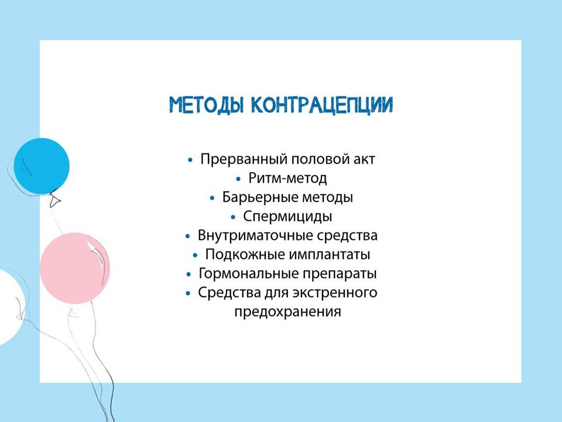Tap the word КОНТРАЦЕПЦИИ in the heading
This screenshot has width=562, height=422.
tap(322, 105)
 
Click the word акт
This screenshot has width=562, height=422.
tap(364, 159)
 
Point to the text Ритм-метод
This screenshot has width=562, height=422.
tap(287, 178)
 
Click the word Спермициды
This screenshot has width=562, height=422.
tap(287, 216)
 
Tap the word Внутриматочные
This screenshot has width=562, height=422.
tap(255, 236)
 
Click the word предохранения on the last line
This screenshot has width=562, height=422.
tap(287, 312)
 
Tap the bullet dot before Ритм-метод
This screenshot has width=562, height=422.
tap(239, 179)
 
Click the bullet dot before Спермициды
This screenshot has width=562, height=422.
tap(234, 217)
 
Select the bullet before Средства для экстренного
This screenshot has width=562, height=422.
tap(189, 294)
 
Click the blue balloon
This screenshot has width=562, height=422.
tap(42, 166)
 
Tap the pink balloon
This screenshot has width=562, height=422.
tap(74, 268)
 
